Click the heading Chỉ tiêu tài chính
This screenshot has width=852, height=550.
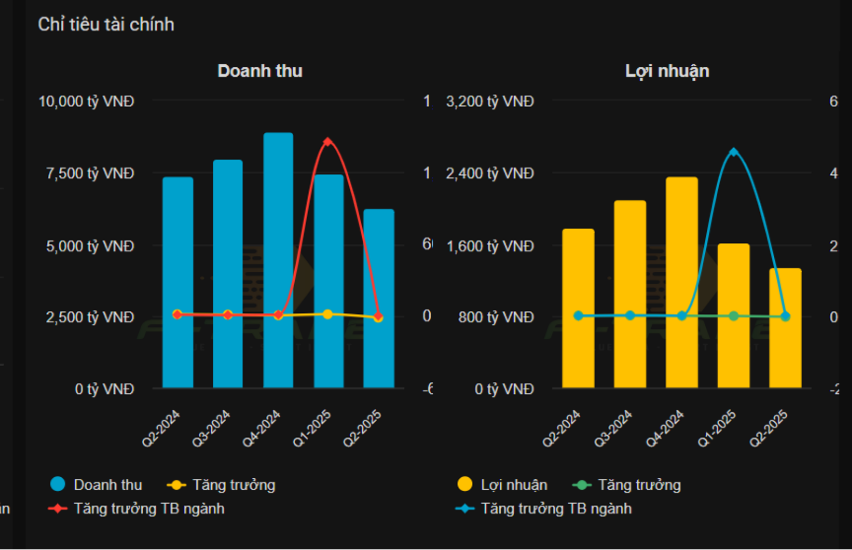coord(106,24)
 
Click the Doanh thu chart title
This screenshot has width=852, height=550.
coord(259,71)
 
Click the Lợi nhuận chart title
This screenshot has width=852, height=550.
coord(667,71)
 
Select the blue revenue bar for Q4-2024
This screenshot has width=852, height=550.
coord(278,260)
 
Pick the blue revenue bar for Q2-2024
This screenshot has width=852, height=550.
coord(177,283)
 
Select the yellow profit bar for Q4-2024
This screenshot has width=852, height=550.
coord(681,283)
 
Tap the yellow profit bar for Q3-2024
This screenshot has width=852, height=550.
coord(630,294)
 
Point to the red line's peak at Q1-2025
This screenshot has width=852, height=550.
coord(327,142)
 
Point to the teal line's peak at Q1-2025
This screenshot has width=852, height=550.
coord(734,152)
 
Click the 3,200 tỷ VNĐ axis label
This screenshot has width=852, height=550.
coord(490,102)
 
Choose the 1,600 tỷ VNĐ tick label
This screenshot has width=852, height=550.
coord(490,245)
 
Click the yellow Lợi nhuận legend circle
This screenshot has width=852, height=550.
coord(465,484)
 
